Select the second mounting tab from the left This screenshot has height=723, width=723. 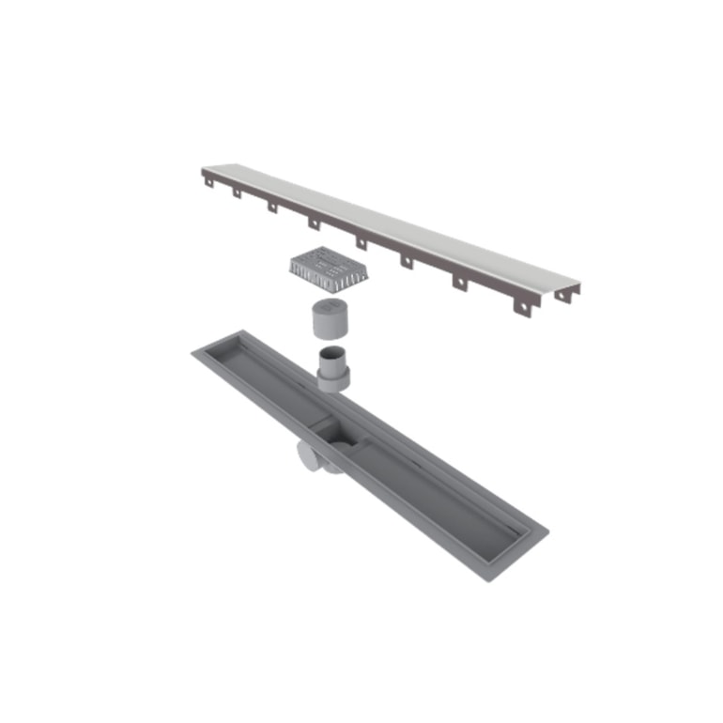(238, 193)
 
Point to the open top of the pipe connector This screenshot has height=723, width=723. (333, 353)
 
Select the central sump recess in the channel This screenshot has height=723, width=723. (338, 433)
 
